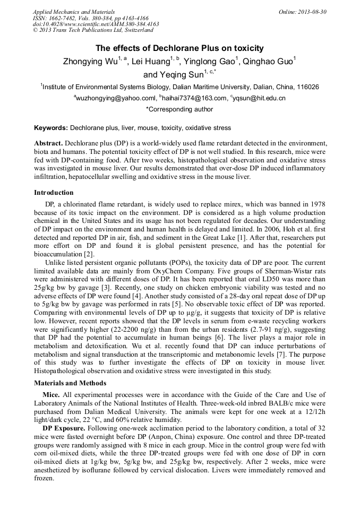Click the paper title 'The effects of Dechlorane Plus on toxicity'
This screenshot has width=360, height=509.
coord(179,48)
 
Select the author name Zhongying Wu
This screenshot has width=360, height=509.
coord(90,62)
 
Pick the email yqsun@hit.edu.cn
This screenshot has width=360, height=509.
coord(259,98)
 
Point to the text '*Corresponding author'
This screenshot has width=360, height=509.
coord(179,109)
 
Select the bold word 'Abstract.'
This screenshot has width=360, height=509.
coord(49,144)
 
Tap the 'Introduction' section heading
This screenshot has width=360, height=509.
coord(54,193)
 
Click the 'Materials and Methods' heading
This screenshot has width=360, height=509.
coord(70,383)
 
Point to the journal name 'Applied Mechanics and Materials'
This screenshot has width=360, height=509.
coord(74,12)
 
